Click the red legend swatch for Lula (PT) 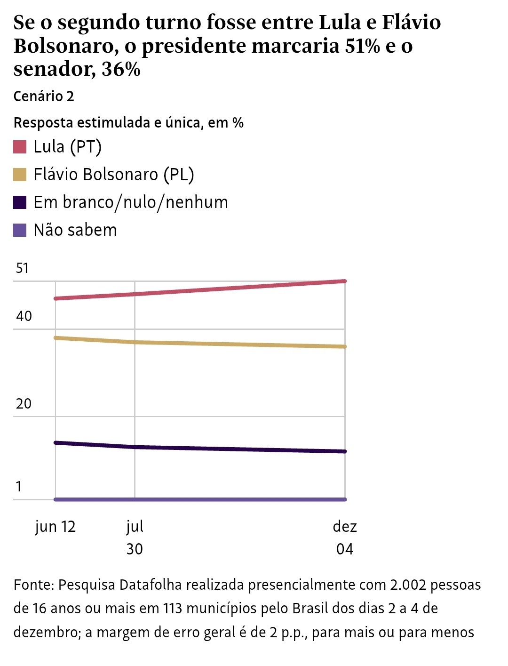click(x=20, y=147)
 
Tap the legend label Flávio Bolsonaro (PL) click(x=113, y=175)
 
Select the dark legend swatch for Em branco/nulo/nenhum click(x=20, y=202)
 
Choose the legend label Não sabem click(x=75, y=230)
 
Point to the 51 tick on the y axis click(x=22, y=268)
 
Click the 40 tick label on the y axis click(x=24, y=316)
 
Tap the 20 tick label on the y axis click(x=24, y=403)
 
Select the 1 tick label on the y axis click(x=19, y=486)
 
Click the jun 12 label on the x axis click(x=56, y=526)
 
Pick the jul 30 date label click(x=135, y=538)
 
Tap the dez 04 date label click(x=345, y=538)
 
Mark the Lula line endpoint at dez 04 click(x=345, y=281)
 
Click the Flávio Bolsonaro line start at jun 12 click(x=56, y=337)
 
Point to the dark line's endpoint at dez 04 click(x=345, y=451)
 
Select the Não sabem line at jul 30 click(x=135, y=499)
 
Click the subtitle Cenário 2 click(x=44, y=96)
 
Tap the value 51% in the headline click(x=362, y=46)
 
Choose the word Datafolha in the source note click(x=151, y=585)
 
